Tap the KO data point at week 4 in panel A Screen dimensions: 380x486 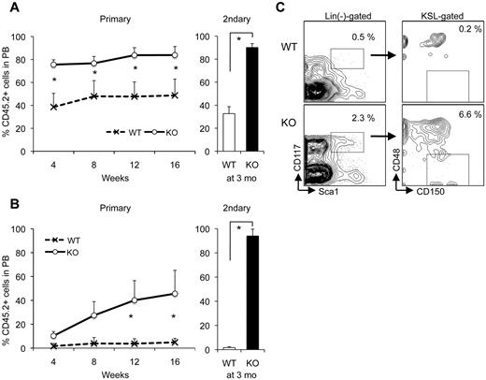click(54, 65)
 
